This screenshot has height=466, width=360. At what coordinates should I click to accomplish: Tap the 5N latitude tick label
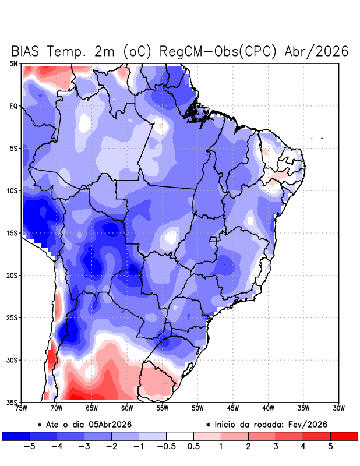pos(13,63)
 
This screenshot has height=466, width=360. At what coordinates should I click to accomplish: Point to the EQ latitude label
pos(13,106)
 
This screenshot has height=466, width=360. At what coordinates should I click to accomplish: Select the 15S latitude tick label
pos(12,233)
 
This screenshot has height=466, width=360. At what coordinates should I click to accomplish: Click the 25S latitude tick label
pos(12,317)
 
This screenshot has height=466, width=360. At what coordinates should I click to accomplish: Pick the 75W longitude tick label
pos(22,408)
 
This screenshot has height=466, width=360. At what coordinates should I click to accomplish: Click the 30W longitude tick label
pos(338,408)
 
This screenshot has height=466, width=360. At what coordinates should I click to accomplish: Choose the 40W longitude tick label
pos(268,408)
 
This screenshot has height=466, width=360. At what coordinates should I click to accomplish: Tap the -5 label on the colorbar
pos(30,447)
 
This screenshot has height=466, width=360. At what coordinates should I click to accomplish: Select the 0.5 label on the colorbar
pos(193,447)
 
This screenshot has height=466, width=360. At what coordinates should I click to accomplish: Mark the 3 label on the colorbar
pos(276,447)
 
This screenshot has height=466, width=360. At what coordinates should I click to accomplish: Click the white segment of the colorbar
pos(179,436)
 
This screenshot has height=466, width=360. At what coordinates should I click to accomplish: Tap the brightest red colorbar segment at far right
pos(344,436)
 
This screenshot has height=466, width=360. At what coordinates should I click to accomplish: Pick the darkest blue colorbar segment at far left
pos(16,436)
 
